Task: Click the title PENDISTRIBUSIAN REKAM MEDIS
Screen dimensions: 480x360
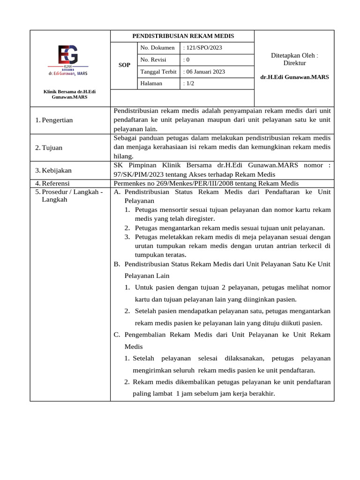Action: (x=183, y=36)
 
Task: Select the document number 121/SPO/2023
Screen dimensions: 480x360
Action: (x=202, y=48)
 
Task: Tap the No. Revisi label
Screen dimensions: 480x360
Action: (x=153, y=60)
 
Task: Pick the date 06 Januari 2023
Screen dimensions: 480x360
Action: (x=205, y=72)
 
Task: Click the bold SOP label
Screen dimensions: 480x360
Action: (x=124, y=65)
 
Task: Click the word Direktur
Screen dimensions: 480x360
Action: (x=294, y=63)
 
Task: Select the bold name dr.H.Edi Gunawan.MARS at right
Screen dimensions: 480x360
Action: (x=294, y=77)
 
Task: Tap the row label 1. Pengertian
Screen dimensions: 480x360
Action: (x=54, y=120)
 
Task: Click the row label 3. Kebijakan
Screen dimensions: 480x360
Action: (x=53, y=170)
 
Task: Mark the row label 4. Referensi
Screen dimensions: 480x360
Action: (x=52, y=183)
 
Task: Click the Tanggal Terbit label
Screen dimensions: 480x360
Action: (x=158, y=72)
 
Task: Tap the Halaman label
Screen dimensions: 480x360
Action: (x=151, y=83)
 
